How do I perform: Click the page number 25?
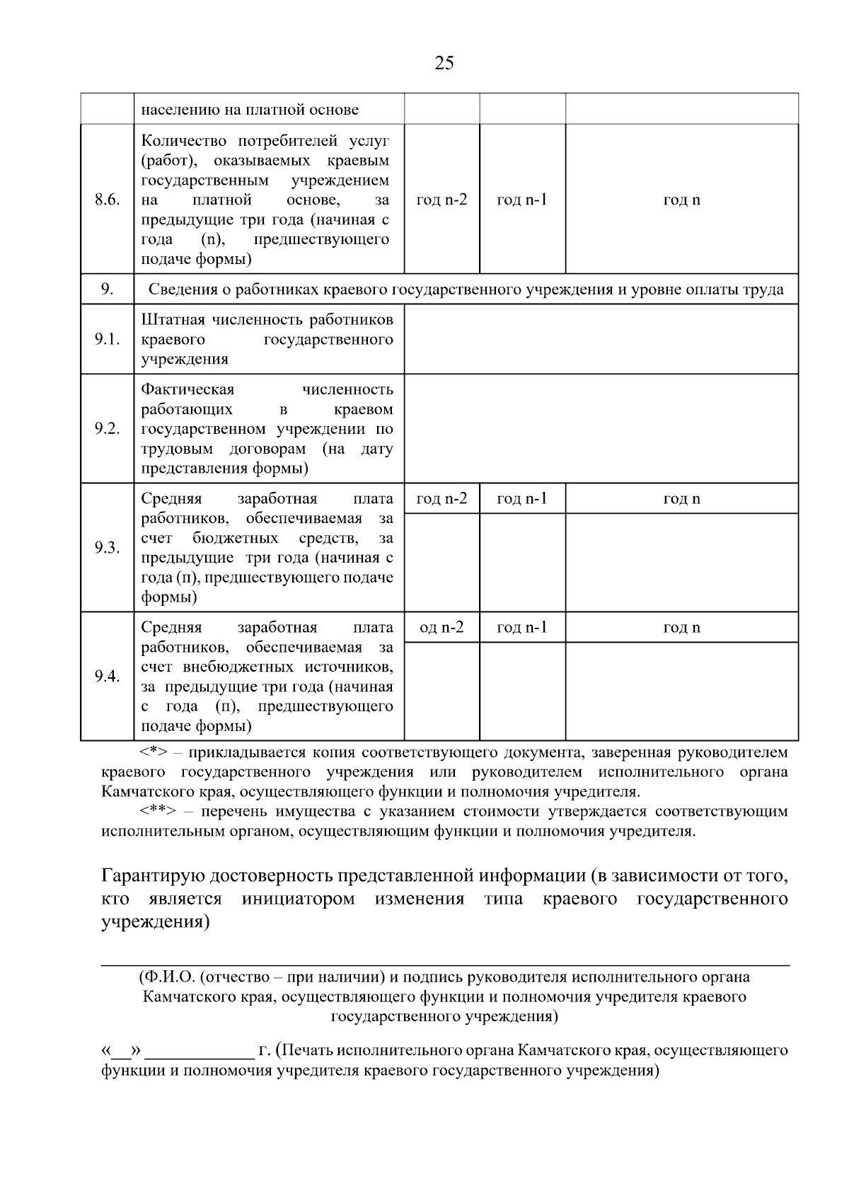coord(444,63)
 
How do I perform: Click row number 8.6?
coord(107,199)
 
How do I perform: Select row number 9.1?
coord(107,339)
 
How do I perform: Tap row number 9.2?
coord(107,429)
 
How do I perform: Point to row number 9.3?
coord(107,548)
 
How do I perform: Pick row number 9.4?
coord(107,677)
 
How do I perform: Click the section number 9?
coord(107,289)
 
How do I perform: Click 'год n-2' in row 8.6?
coord(441,200)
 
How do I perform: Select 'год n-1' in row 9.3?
coord(522,499)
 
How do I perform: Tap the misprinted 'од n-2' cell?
coord(441,628)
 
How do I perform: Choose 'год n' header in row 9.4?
coord(681,628)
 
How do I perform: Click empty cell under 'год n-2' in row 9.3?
coord(441,563)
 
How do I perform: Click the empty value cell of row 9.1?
coord(601,339)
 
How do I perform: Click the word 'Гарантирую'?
coord(154,876)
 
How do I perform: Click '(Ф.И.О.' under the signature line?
coord(167,977)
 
